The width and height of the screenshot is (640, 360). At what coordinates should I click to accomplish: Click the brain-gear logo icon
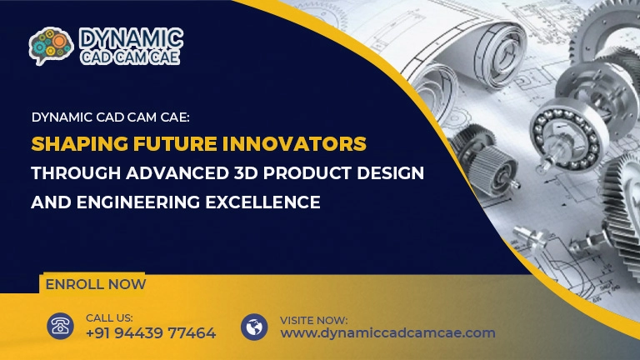[51, 46]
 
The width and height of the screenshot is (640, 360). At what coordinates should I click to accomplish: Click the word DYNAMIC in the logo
[131, 38]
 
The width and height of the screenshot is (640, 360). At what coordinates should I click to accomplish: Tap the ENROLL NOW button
[95, 284]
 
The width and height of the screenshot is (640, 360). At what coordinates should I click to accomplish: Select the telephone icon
[60, 326]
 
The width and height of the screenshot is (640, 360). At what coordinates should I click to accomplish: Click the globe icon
[254, 326]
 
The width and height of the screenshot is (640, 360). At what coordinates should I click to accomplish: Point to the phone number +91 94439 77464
[151, 333]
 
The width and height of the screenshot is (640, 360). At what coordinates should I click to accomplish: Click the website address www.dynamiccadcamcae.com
[387, 333]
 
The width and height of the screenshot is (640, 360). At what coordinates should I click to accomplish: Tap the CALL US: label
[109, 317]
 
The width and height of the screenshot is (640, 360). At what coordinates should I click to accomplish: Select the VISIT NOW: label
[313, 319]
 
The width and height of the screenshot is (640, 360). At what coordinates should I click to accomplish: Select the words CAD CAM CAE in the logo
[130, 57]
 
